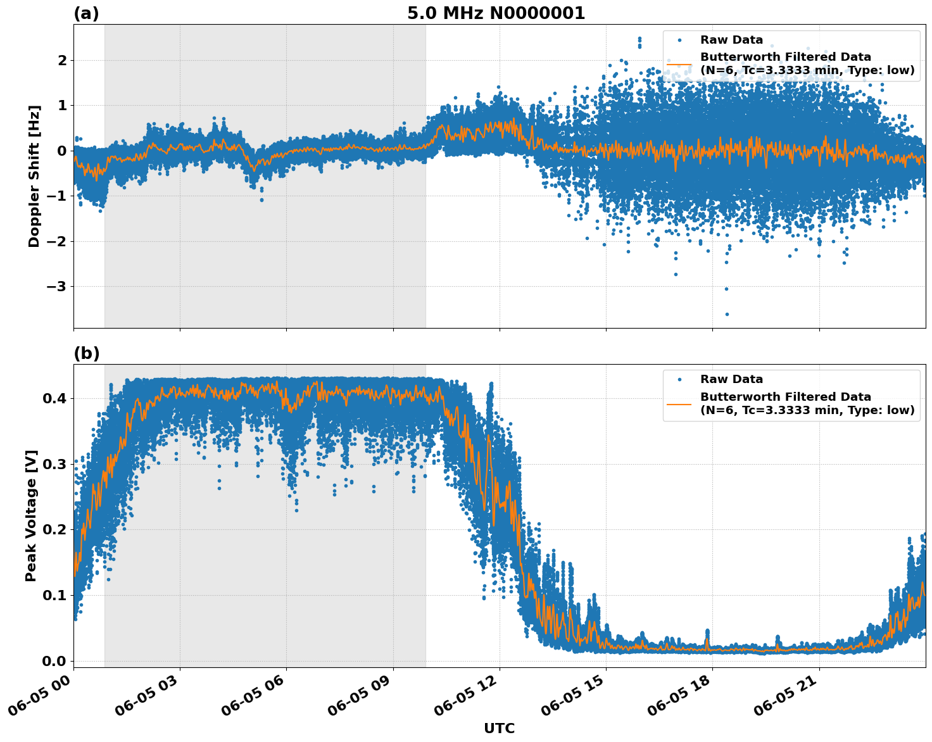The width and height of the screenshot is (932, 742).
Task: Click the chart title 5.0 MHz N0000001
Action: coord(496,13)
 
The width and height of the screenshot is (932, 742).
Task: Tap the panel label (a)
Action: coord(86,13)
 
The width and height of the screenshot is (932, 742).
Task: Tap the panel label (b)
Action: coord(86,354)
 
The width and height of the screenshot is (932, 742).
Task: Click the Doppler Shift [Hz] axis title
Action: coord(34,176)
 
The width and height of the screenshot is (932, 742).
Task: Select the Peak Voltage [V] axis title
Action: coord(31,515)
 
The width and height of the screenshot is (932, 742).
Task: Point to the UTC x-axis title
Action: coord(499,728)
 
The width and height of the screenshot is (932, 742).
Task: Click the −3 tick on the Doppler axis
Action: coord(57,287)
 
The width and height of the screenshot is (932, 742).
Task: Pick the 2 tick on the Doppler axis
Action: coord(62,61)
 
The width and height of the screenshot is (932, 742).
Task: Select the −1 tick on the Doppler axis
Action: coord(57,196)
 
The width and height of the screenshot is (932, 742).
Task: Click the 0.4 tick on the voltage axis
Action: coord(54,399)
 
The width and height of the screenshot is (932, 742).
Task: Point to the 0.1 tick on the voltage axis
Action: coord(54,595)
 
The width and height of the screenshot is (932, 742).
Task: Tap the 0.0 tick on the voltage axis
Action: coord(54,661)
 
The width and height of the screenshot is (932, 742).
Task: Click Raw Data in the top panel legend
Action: coord(731,40)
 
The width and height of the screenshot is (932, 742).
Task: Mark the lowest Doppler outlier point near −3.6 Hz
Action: coord(726,314)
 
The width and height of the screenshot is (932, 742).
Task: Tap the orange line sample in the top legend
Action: coord(679,63)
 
